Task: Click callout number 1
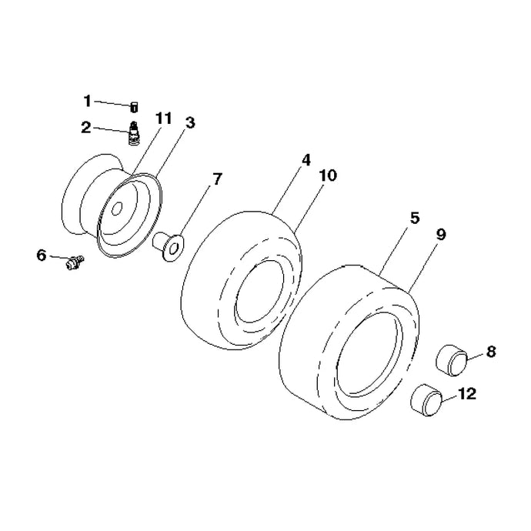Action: click(88, 101)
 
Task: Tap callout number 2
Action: click(86, 127)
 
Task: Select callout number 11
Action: click(164, 119)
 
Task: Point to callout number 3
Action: click(190, 122)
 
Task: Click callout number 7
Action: click(217, 179)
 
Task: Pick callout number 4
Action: click(306, 160)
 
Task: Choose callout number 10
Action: click(328, 175)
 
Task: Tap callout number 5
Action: click(415, 218)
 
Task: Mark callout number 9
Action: click(441, 235)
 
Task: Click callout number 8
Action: click(491, 352)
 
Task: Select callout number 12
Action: click(467, 393)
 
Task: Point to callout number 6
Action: click(41, 255)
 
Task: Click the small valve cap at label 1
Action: click(134, 107)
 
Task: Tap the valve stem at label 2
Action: click(135, 133)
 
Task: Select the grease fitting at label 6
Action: click(75, 262)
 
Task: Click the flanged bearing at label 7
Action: click(169, 246)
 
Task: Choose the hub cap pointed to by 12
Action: click(426, 400)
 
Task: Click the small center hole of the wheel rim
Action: click(117, 209)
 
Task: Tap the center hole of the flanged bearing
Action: click(173, 249)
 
